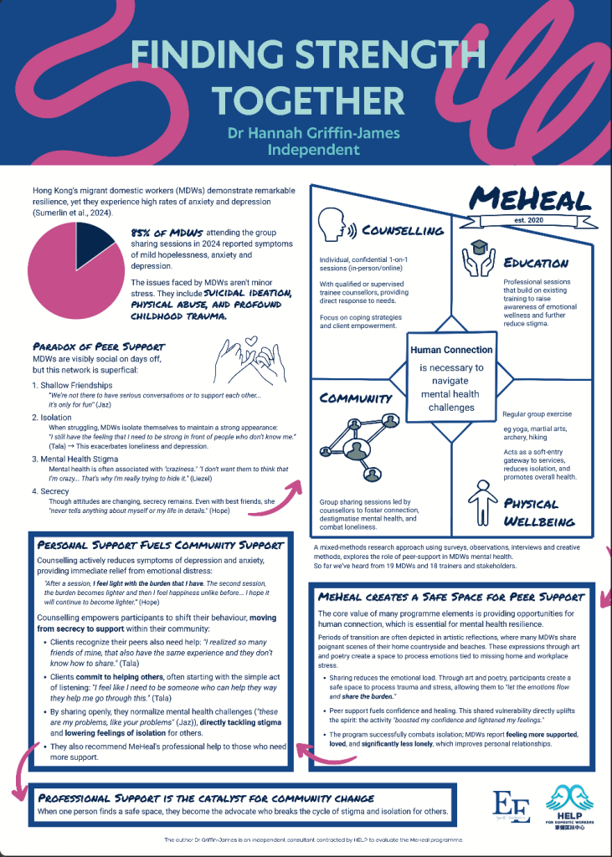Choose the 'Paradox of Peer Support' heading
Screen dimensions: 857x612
click(99, 346)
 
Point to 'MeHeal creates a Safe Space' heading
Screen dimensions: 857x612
click(450, 597)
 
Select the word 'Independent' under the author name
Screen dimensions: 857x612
click(312, 151)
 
